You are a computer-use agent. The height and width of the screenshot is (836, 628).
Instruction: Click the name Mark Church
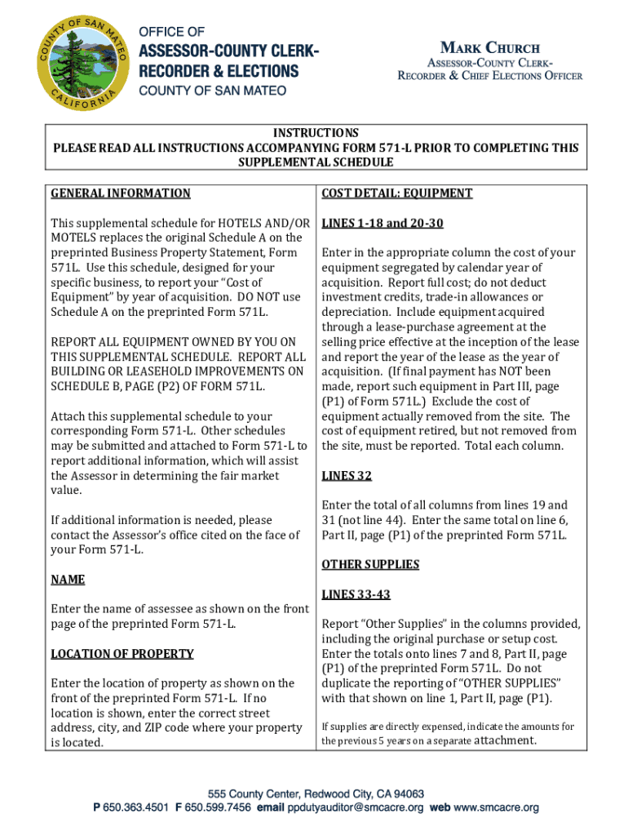(490, 47)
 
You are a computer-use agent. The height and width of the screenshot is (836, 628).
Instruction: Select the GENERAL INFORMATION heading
(121, 193)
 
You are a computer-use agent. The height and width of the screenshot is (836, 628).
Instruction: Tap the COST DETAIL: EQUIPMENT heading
(396, 193)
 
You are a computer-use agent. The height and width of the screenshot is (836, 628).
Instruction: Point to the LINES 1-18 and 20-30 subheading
(383, 223)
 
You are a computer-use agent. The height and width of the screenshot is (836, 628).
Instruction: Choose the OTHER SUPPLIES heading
(370, 564)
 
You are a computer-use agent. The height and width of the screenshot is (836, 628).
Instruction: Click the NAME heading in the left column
(68, 579)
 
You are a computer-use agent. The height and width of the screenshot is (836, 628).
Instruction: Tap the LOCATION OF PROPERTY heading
(122, 653)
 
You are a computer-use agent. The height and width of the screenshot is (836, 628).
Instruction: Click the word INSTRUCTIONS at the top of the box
(316, 133)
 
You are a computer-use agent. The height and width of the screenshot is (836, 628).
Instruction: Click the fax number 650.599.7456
(213, 807)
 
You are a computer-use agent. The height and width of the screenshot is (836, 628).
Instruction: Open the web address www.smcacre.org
(496, 807)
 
